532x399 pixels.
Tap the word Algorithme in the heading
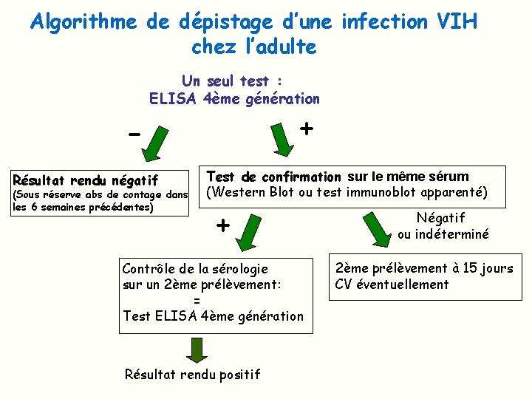[x=83, y=22]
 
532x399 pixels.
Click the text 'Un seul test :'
[x=234, y=81]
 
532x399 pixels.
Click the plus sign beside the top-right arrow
[x=306, y=128]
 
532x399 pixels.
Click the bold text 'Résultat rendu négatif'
[x=86, y=180]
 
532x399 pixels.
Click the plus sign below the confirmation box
[x=222, y=225]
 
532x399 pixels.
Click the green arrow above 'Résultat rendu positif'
[x=195, y=350]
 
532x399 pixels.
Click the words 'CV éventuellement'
[x=392, y=284]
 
